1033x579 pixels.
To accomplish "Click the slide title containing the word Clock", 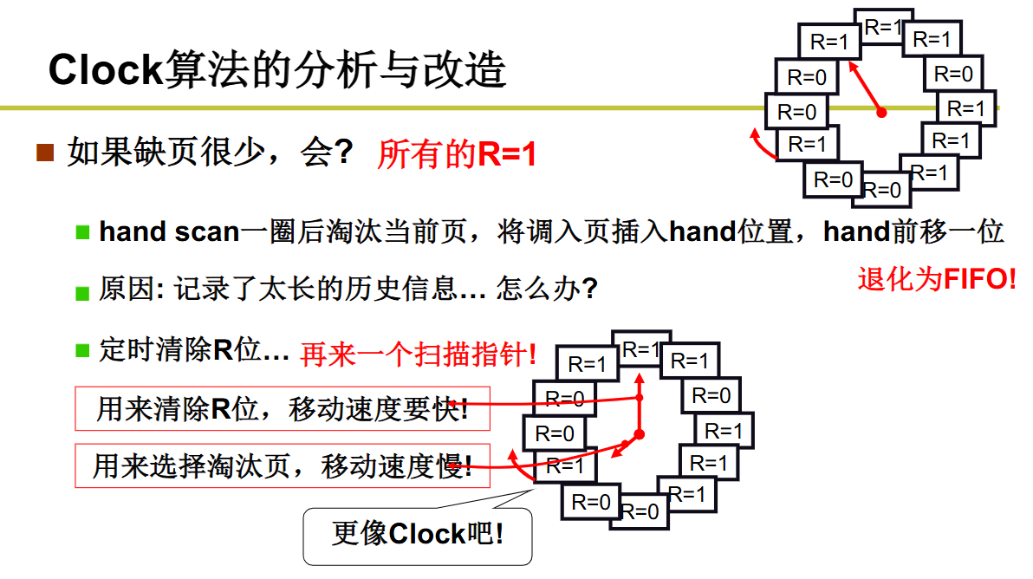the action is tap(277, 69).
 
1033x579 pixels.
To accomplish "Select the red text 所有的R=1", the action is tap(457, 155).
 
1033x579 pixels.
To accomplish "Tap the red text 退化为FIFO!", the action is tap(937, 279).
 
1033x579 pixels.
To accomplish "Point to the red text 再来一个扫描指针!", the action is tap(419, 354).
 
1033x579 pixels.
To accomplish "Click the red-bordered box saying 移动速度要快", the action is tap(283, 408).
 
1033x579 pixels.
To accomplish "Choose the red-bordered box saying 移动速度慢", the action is tap(283, 466).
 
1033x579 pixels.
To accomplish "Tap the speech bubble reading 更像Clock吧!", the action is tap(418, 534).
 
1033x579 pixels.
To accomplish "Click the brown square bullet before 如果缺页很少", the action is tap(45, 153).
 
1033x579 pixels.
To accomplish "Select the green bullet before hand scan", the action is tap(83, 232).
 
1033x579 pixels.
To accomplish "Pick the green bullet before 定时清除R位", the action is tap(83, 351).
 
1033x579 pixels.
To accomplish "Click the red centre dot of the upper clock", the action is tap(881, 113).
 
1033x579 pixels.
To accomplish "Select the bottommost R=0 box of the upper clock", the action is tap(882, 189).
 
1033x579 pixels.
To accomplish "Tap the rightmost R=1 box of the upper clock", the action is tap(966, 109).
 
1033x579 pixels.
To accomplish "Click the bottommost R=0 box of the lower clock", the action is tap(641, 511).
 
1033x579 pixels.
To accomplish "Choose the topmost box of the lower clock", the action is tap(640, 349).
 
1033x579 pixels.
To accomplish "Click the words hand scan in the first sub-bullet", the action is tap(169, 232).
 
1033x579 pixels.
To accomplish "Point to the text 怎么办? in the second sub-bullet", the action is tap(547, 289).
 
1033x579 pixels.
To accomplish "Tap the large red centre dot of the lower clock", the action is tap(640, 433).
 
